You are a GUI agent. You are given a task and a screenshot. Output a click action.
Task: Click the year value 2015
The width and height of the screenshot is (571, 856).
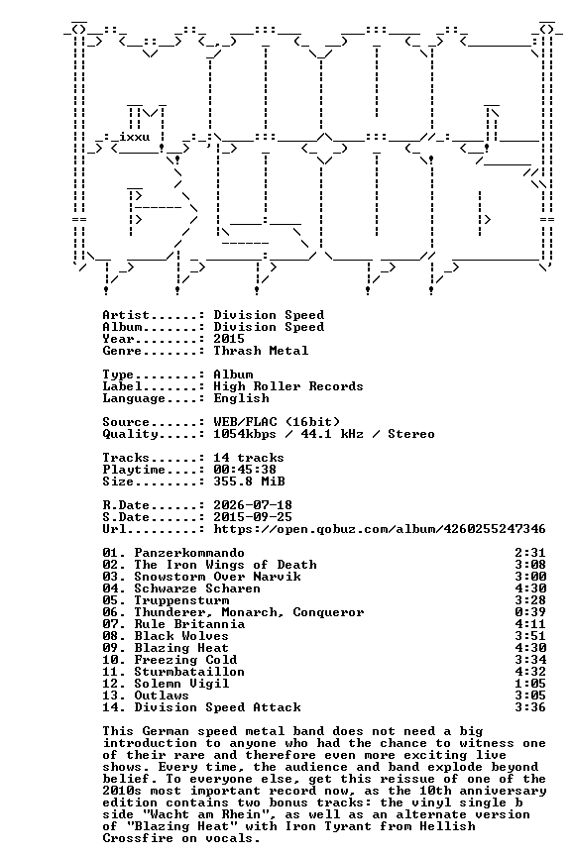229,339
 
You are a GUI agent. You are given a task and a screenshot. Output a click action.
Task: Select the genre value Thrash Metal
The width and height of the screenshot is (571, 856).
261,351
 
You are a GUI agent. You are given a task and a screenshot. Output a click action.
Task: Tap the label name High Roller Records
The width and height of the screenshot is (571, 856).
287,386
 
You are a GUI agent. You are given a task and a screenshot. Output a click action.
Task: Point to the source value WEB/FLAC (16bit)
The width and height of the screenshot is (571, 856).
277,422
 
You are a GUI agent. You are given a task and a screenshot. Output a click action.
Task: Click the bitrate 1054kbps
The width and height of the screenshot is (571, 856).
245,434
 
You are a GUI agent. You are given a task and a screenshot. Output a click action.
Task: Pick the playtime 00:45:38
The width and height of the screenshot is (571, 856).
245,470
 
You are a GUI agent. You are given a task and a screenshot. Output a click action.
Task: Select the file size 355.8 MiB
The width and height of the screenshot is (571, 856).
249,481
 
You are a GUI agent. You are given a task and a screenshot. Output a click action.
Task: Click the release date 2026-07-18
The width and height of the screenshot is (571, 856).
253,505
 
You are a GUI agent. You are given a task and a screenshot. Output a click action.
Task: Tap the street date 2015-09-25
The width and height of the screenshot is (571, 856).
253,517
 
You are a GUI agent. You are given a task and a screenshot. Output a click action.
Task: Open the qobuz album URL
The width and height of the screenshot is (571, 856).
380,529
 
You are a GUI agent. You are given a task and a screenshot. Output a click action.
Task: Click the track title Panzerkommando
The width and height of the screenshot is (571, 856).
189,553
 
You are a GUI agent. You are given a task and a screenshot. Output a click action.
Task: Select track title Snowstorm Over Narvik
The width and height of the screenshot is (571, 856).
217,577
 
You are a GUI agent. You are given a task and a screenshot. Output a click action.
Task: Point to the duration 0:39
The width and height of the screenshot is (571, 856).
530,612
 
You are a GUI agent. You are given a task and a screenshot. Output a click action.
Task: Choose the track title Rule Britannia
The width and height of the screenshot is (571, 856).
189,624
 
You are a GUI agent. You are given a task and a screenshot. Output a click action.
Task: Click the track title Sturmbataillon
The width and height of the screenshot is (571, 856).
189,672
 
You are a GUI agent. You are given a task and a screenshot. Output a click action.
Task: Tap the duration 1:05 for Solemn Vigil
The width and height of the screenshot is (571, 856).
530,684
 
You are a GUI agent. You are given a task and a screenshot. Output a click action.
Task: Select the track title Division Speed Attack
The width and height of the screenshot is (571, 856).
217,707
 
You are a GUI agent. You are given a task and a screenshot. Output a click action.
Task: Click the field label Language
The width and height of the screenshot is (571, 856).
134,398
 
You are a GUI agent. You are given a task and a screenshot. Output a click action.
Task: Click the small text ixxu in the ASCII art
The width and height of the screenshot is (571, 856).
135,137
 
